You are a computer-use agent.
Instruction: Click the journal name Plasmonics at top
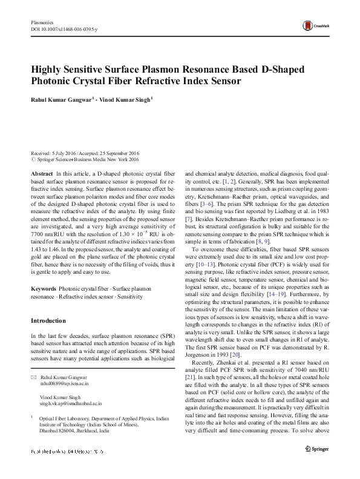coord(42,22)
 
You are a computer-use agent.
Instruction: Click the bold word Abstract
coord(42,174)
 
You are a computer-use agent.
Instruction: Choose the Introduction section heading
coord(50,320)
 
